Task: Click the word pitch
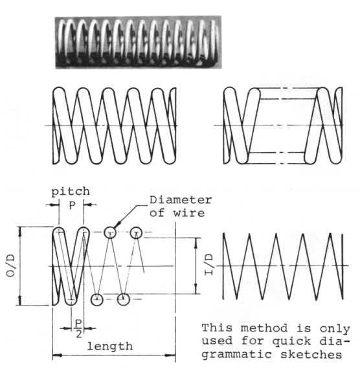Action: click(71, 192)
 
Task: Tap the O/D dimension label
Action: click(10, 265)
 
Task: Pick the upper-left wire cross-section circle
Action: click(111, 232)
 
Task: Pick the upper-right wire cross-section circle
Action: click(137, 232)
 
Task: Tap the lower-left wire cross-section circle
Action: click(96, 299)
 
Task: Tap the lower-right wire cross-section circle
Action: click(124, 299)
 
